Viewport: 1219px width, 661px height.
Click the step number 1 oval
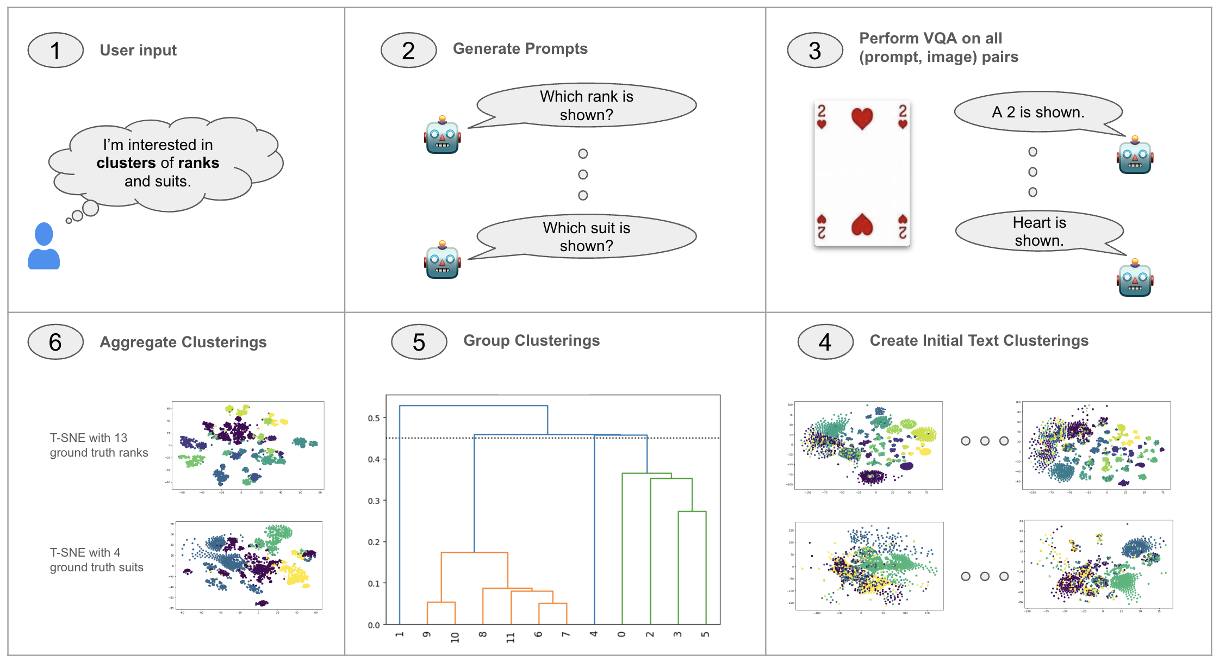point(55,51)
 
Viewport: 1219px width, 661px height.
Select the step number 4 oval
point(825,342)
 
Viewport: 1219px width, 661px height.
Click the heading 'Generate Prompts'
point(520,49)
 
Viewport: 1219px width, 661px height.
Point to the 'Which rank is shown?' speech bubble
point(586,105)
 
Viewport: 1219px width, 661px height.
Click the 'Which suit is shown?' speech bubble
point(586,236)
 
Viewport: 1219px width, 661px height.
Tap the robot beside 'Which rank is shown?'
point(442,135)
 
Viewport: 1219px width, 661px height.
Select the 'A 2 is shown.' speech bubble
point(1037,112)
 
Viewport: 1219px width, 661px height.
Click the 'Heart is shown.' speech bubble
point(1038,231)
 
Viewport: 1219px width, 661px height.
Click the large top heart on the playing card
point(862,118)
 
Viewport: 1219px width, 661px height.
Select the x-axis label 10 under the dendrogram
point(455,637)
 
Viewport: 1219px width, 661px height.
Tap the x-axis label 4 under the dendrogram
point(594,634)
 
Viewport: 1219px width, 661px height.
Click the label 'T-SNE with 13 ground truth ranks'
point(98,445)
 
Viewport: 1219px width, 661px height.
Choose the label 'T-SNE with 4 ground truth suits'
point(96,560)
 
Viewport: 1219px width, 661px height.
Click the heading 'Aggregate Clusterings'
point(183,342)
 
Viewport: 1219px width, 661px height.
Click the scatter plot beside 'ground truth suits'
point(247,565)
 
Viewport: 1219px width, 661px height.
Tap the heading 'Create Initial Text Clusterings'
point(979,341)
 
